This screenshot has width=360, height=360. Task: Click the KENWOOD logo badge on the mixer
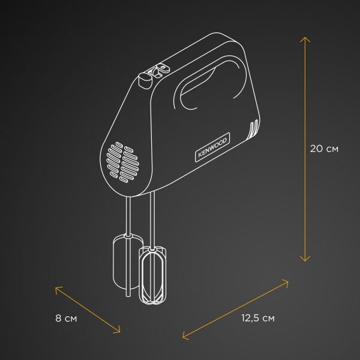click(x=212, y=147)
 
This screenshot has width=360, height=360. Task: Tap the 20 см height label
click(x=324, y=149)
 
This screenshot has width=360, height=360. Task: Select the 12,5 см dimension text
click(x=258, y=318)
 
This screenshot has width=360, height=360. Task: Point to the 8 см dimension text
click(x=66, y=319)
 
